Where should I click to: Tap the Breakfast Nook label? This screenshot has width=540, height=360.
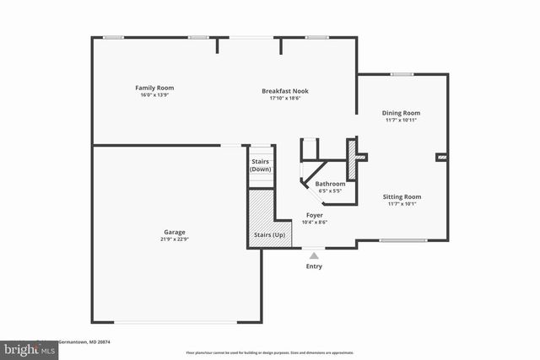tap(285, 91)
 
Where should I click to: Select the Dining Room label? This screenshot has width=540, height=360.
tap(402, 113)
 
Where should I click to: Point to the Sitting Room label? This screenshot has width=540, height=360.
tap(402, 196)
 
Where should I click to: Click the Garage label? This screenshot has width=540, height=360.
tap(175, 232)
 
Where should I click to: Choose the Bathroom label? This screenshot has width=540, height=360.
tap(330, 184)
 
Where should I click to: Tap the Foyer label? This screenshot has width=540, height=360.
tap(315, 215)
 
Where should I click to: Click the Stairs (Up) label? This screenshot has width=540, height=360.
tap(269, 234)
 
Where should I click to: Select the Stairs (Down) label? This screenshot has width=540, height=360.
tap(261, 165)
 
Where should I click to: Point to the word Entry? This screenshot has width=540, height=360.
tap(314, 266)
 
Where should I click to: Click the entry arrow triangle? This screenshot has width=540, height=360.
tap(314, 255)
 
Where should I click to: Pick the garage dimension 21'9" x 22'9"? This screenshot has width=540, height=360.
tap(175, 239)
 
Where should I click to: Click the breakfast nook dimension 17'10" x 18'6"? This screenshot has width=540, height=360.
tap(285, 98)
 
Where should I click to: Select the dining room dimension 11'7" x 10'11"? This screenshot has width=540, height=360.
tap(402, 120)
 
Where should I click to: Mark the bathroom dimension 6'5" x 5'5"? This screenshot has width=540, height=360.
tap(330, 191)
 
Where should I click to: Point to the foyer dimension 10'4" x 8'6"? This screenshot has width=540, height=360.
tap(315, 222)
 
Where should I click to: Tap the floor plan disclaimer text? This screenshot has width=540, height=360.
tap(269, 352)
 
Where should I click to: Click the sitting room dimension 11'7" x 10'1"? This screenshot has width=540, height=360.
tap(402, 203)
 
